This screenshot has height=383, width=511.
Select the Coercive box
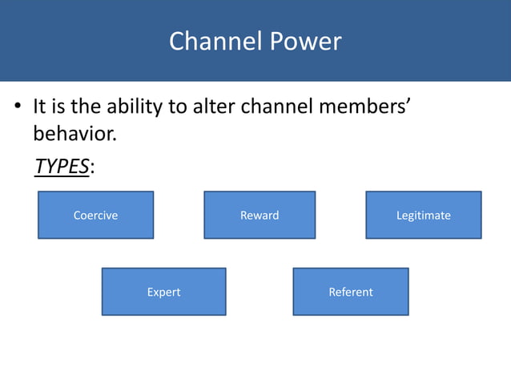[95, 215]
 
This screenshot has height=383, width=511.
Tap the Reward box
[260, 215]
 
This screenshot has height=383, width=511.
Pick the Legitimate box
[423, 215]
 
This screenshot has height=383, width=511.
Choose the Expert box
[163, 292]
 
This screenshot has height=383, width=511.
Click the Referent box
[351, 292]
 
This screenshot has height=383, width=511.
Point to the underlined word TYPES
[61, 166]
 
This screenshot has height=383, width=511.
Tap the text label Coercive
[95, 215]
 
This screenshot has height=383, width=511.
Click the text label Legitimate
[423, 215]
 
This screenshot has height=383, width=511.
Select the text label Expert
[163, 292]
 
